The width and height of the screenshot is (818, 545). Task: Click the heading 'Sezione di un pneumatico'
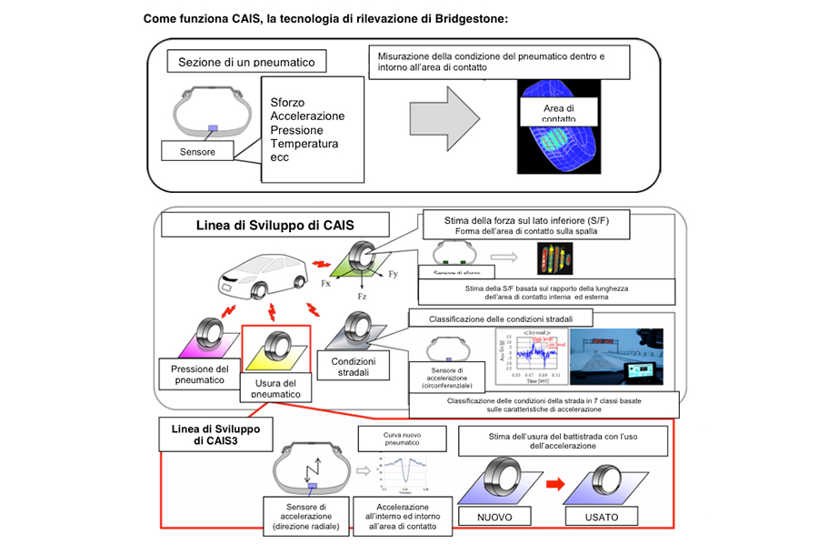pos(246,62)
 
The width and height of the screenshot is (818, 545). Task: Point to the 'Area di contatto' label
pos(559,114)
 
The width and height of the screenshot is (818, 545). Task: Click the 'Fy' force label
pos(394,274)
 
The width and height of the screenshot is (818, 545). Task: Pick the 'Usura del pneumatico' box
pos(275,387)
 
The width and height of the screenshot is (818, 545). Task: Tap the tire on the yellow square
pos(276,348)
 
